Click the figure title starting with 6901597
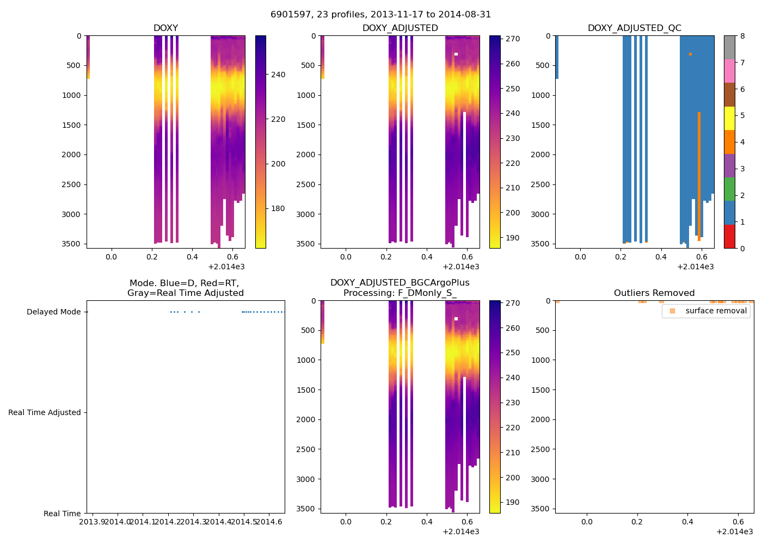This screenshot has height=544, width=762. pyautogui.click(x=380, y=15)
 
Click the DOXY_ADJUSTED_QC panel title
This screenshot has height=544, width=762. pyautogui.click(x=634, y=28)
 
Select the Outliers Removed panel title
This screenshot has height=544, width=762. pyautogui.click(x=654, y=293)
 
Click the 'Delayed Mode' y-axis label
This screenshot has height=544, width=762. pyautogui.click(x=53, y=312)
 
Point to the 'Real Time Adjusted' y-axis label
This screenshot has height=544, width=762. pyautogui.click(x=44, y=412)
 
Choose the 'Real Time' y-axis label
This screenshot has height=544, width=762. pyautogui.click(x=62, y=514)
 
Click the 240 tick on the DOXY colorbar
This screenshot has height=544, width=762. pyautogui.click(x=278, y=75)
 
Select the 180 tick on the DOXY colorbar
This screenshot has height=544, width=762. pyautogui.click(x=278, y=208)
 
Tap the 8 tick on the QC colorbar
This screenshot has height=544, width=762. pyautogui.click(x=742, y=36)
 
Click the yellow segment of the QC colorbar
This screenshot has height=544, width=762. pyautogui.click(x=729, y=118)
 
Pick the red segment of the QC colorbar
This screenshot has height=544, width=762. pyautogui.click(x=729, y=237)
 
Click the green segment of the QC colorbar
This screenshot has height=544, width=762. pyautogui.click(x=729, y=189)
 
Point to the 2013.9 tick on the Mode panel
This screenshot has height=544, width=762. pyautogui.click(x=93, y=522)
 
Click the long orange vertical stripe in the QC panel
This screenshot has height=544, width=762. pyautogui.click(x=699, y=174)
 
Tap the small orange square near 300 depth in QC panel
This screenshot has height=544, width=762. pyautogui.click(x=690, y=54)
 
